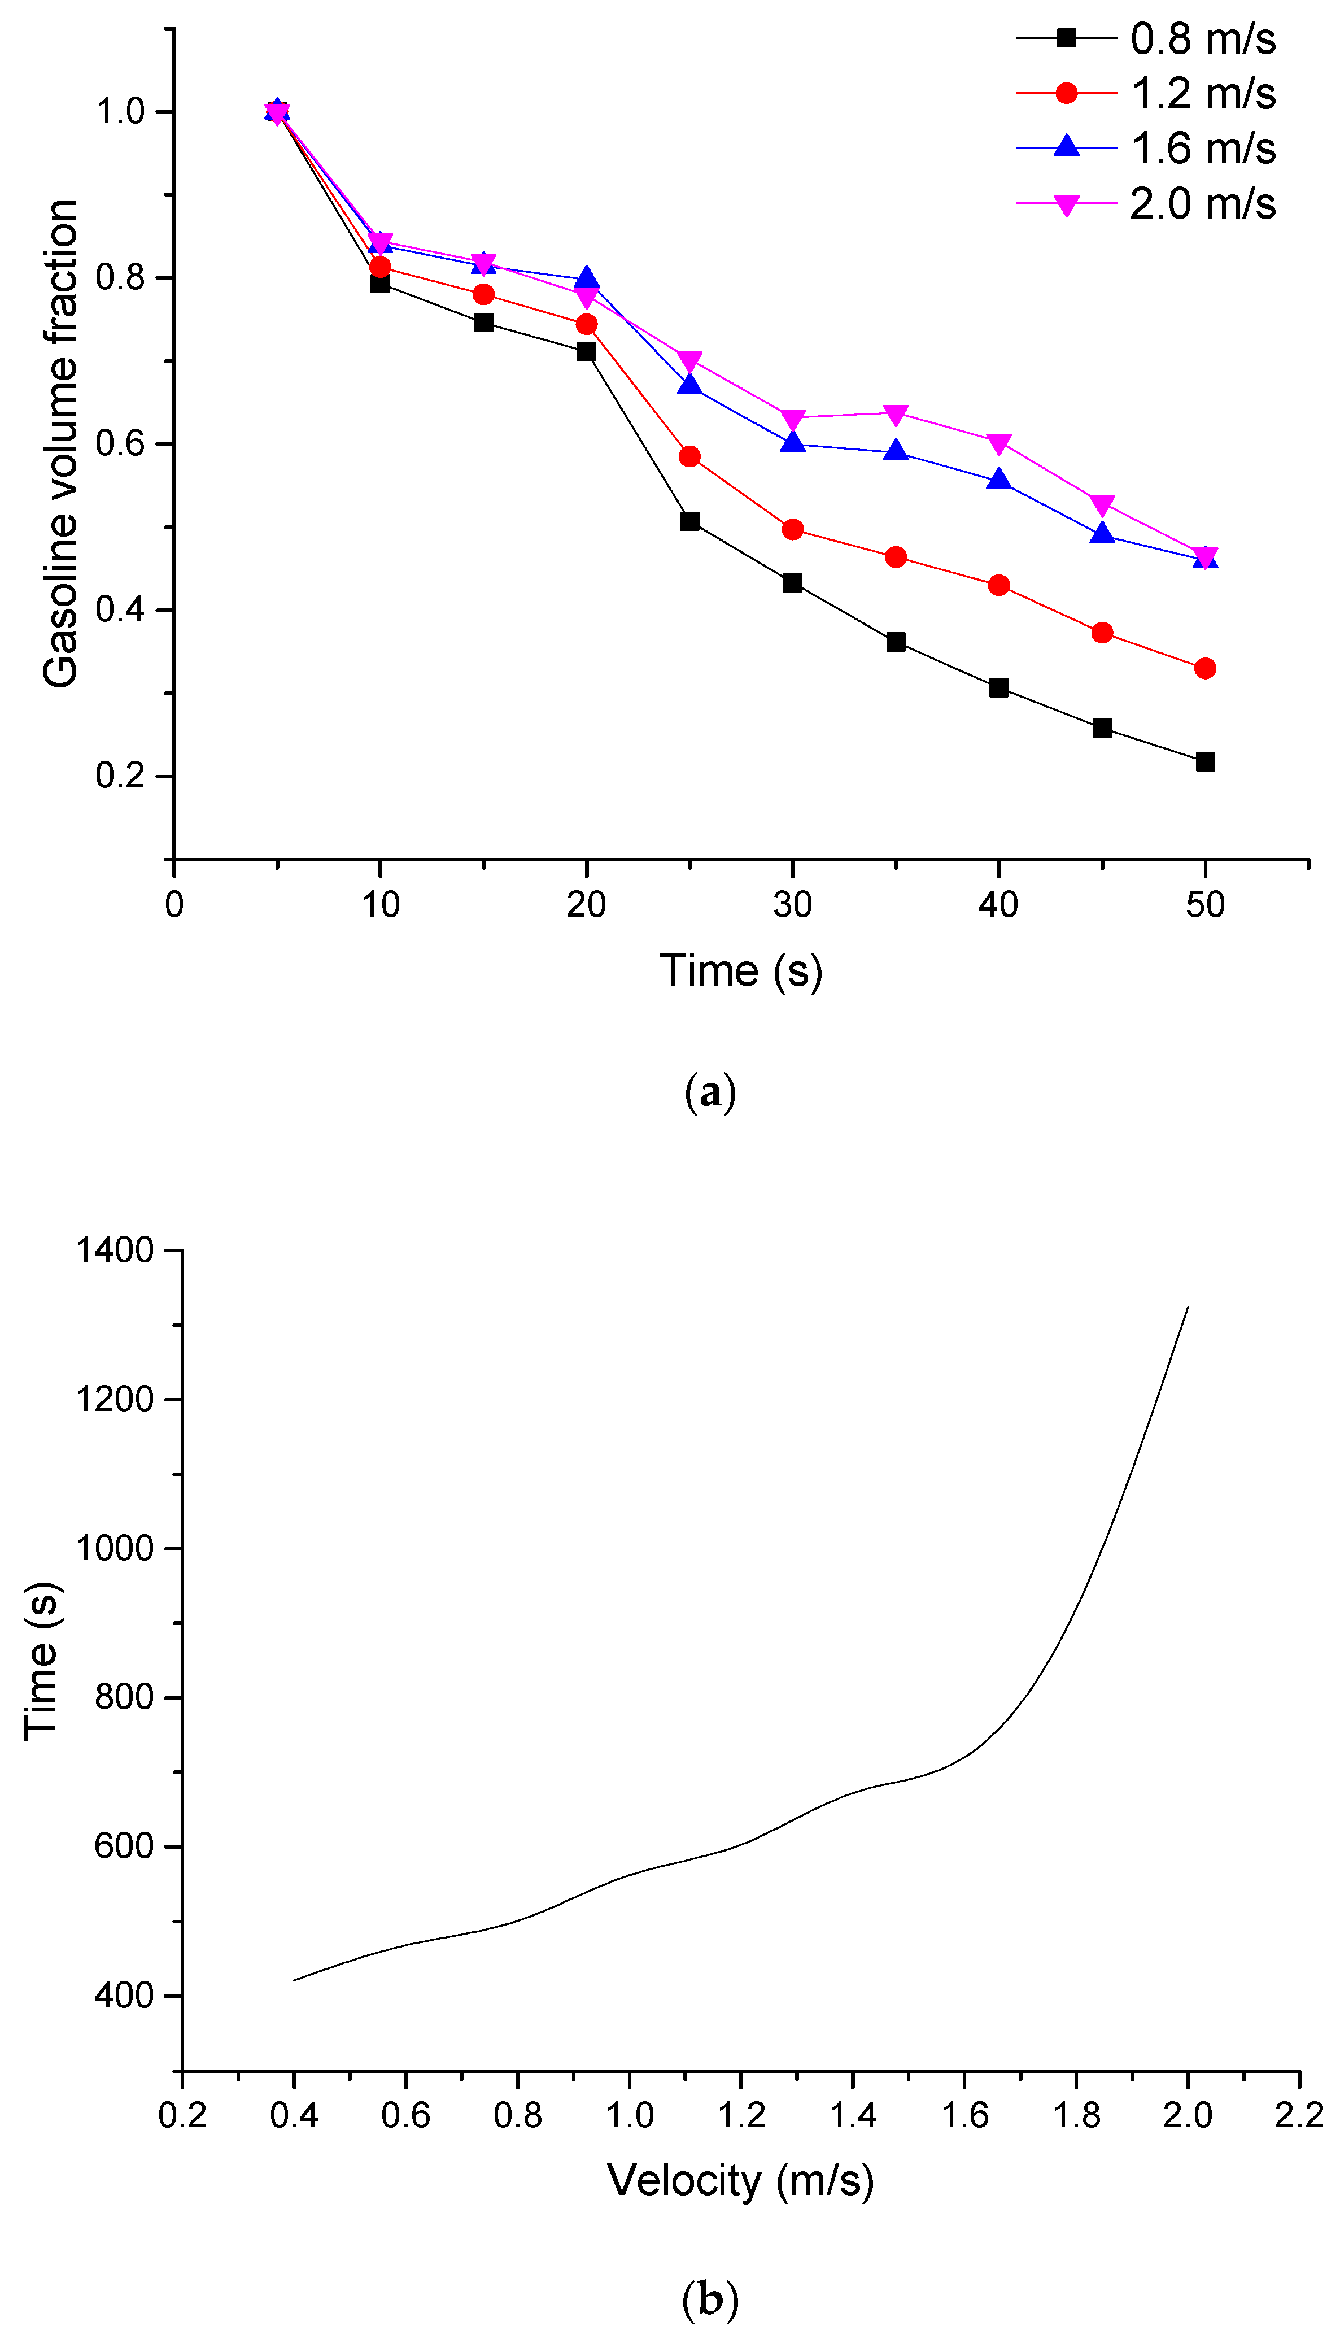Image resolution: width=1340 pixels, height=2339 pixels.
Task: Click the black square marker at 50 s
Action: pos(1204,761)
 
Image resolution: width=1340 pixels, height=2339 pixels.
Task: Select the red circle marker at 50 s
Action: pos(1204,668)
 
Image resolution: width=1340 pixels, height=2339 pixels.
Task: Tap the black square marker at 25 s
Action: pos(689,521)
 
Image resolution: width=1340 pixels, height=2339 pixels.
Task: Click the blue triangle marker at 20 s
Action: pos(586,278)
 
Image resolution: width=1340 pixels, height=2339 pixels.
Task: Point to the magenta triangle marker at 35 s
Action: pos(896,414)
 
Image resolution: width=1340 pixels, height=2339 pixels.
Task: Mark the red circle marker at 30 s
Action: pos(792,529)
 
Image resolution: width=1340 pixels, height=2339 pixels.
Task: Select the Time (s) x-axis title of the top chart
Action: pos(741,971)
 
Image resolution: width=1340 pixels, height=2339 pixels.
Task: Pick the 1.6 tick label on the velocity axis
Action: pos(964,2115)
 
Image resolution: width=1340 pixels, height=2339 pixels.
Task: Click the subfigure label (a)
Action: pos(710,1092)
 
